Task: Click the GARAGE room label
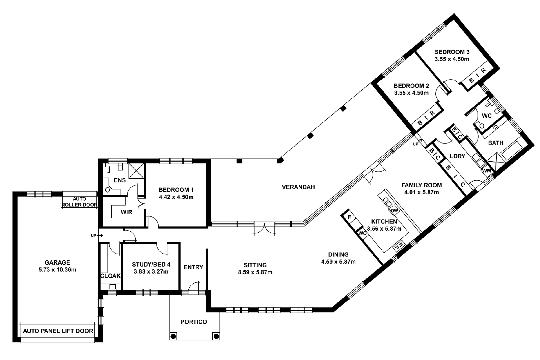(57, 262)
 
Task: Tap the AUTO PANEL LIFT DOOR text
(58, 331)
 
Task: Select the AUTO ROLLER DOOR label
(80, 202)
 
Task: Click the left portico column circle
(173, 336)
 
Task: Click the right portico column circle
(216, 336)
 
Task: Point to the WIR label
(126, 212)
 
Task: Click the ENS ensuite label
(119, 180)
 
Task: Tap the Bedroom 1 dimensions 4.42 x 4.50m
(176, 197)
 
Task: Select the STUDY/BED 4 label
(151, 264)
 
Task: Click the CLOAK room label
(110, 276)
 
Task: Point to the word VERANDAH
(298, 187)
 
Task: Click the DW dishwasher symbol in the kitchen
(394, 211)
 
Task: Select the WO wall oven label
(362, 233)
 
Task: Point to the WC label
(486, 116)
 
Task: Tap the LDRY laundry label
(457, 156)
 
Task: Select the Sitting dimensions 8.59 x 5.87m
(255, 272)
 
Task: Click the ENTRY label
(193, 267)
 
